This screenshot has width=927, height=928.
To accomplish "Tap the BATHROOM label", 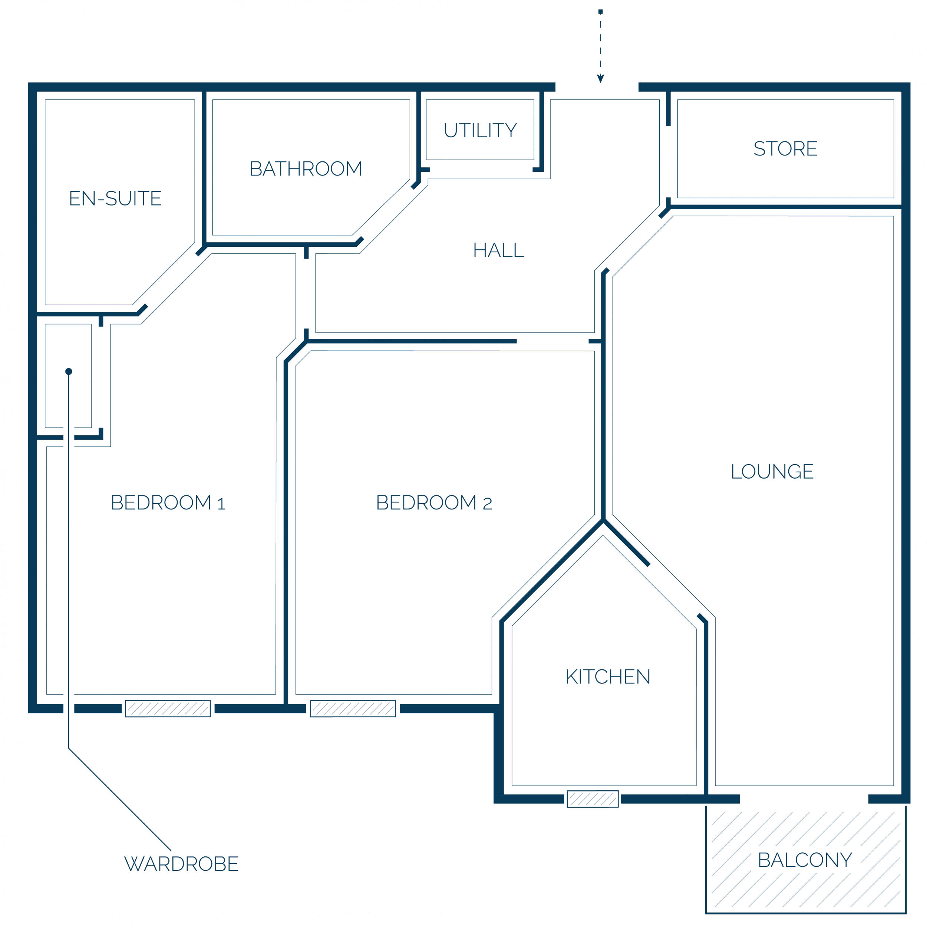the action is click(x=306, y=168).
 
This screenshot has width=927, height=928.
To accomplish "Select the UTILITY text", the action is click(x=480, y=130).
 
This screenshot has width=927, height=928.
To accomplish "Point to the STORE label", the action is click(x=785, y=148).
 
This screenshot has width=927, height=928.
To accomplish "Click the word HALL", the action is click(x=499, y=250).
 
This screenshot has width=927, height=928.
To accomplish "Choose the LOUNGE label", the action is click(x=772, y=472).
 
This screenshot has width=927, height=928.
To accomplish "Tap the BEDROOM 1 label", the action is click(x=168, y=503).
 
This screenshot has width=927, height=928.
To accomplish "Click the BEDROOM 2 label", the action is click(x=434, y=503).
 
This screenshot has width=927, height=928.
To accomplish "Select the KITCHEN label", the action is click(x=608, y=677).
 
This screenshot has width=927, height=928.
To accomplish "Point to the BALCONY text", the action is click(x=805, y=860).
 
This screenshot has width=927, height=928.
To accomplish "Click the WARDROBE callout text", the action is click(x=181, y=864).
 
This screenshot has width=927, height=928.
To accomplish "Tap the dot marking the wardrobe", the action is click(x=69, y=371).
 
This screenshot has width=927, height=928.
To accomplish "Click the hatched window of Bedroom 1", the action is click(x=168, y=708).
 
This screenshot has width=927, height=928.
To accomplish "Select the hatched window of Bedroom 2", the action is click(x=353, y=708).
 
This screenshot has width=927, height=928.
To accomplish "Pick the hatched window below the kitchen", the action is click(x=593, y=799).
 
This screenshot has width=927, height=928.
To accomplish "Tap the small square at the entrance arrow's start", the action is click(x=600, y=12).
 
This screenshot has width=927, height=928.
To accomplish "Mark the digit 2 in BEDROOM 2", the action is click(x=487, y=504).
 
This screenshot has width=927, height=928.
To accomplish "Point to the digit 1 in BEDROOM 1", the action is click(x=221, y=504).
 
